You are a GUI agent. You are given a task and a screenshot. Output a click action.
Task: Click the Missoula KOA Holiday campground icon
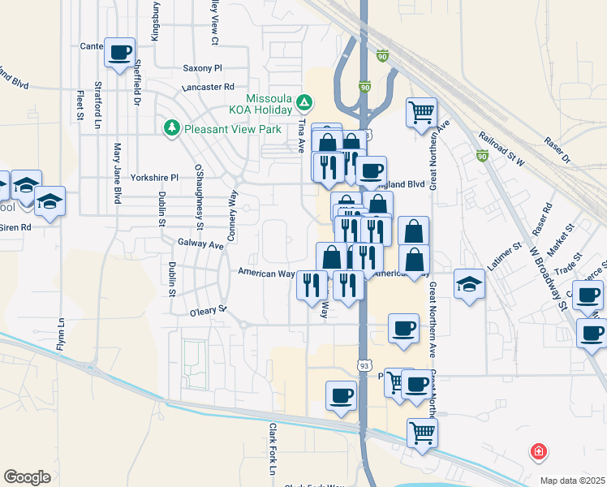[x=303, y=102]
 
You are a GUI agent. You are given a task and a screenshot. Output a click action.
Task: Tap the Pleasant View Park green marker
[x=172, y=128]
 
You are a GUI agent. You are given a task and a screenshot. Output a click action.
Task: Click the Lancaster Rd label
[x=209, y=86]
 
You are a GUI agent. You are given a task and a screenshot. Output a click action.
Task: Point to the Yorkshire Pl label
[x=158, y=177]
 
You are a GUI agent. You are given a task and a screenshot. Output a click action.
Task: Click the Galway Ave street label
[x=200, y=243]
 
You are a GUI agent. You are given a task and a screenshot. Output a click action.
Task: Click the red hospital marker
[x=537, y=451]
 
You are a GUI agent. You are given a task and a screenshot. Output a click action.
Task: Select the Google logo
[x=27, y=476]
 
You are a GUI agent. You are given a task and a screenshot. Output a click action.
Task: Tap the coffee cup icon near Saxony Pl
[x=120, y=53]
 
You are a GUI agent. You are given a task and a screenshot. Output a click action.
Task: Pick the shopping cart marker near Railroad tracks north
[x=421, y=112]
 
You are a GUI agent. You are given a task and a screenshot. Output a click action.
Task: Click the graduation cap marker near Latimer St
[x=468, y=283]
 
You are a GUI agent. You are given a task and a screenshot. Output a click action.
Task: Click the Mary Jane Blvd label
[x=118, y=173]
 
